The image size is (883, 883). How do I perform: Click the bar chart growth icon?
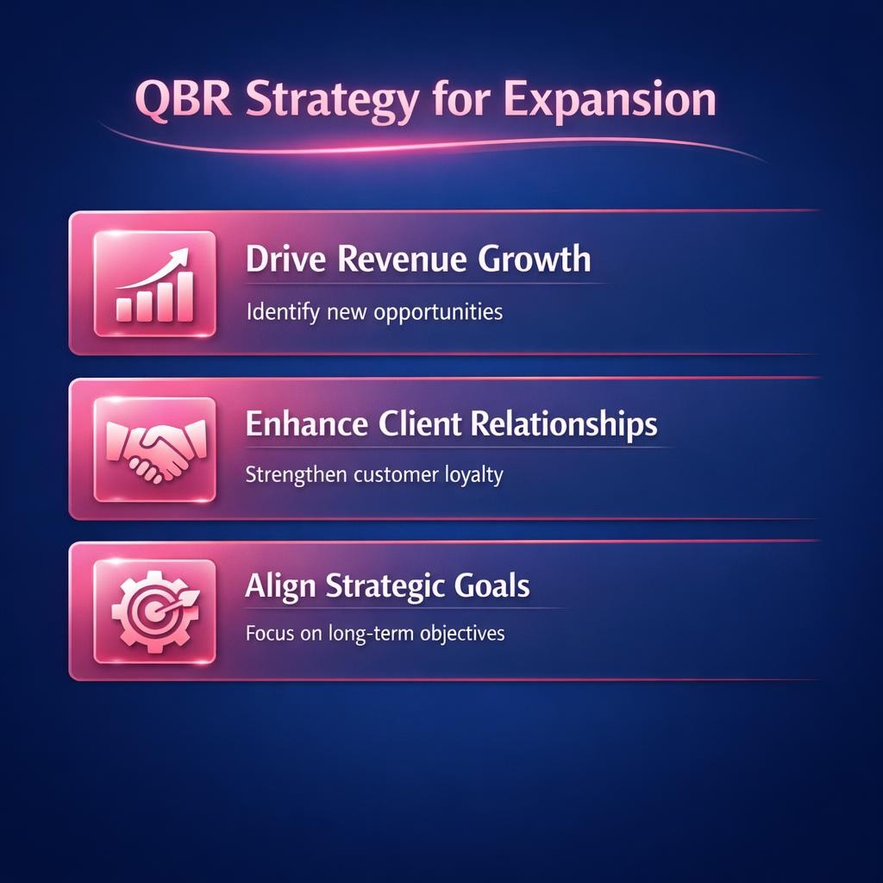(154, 283)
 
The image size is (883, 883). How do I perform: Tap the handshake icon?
(154, 448)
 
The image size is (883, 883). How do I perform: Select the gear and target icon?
(154, 611)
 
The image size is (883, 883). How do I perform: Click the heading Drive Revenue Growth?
(418, 260)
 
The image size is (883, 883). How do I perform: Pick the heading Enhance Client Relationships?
(451, 424)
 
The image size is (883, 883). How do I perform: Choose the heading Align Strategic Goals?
(387, 587)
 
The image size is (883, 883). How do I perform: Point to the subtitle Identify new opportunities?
(374, 311)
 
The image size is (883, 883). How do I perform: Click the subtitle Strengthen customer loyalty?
(373, 475)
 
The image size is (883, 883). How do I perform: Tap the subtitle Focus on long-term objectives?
(375, 634)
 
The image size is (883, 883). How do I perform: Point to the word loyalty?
(471, 476)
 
